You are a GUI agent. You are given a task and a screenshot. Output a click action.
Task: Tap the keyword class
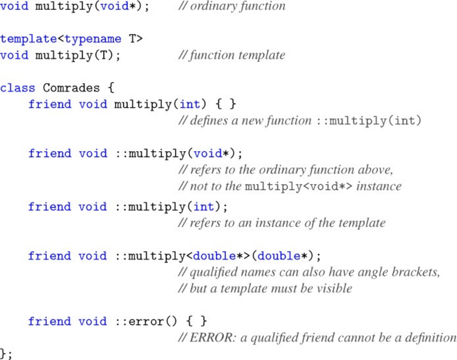click(17, 88)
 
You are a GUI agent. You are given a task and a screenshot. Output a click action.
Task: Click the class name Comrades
click(71, 88)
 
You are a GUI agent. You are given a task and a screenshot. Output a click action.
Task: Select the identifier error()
click(146, 322)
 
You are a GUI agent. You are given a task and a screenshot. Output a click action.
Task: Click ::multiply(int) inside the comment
click(369, 121)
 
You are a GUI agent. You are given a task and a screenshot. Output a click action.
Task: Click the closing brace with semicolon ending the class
click(6, 354)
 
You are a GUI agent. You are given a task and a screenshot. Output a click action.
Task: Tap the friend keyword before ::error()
click(50, 322)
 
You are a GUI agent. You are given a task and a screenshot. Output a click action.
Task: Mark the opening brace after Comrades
click(110, 88)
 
